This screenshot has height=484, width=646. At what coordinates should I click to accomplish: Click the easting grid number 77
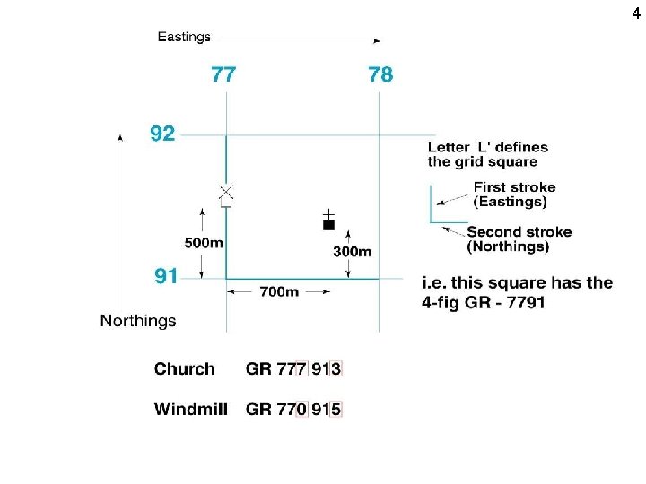tap(223, 74)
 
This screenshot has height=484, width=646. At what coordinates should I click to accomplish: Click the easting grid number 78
tap(380, 74)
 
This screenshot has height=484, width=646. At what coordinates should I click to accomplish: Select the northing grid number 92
tap(162, 134)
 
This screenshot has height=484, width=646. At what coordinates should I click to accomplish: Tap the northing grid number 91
tap(166, 276)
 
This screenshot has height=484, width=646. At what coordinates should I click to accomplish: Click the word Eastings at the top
tap(184, 37)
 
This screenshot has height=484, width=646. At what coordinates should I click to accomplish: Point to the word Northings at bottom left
tap(138, 320)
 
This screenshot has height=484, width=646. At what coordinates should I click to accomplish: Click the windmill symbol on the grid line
tap(226, 194)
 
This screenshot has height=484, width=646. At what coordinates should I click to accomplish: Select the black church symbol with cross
tap(328, 222)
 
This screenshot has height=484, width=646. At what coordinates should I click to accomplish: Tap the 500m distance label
tap(204, 242)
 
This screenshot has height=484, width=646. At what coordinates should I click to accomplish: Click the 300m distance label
tap(352, 251)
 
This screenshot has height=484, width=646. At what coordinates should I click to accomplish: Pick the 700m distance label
tap(278, 292)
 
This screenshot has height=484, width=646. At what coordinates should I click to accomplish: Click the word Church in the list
tap(185, 368)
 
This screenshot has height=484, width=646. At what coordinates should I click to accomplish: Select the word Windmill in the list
tap(191, 410)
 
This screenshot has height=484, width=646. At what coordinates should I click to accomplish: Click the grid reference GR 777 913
tap(294, 368)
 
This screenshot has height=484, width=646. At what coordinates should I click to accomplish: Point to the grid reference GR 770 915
tap(294, 410)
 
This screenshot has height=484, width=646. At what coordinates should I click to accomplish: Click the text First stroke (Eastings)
tap(514, 194)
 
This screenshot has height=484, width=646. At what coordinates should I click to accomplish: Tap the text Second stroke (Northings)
tap(519, 238)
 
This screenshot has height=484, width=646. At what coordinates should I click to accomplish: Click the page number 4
tap(636, 13)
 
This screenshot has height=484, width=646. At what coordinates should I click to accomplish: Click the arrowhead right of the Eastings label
tap(377, 40)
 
